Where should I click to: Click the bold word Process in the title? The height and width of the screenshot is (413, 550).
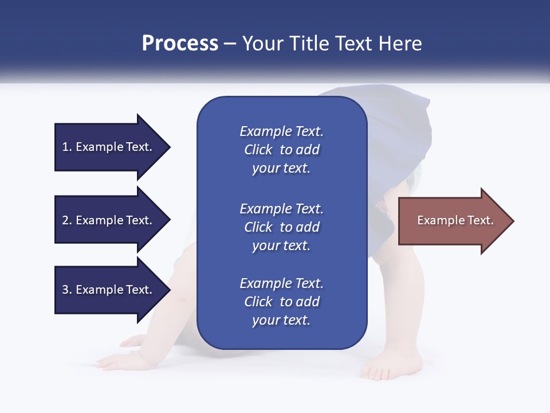tap(180, 44)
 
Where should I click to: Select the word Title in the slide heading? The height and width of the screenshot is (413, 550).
tap(310, 44)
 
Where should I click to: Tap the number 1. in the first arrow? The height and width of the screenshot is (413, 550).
tap(67, 147)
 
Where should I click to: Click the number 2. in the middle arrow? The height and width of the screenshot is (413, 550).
tap(67, 220)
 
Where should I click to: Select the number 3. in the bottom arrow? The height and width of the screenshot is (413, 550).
tap(67, 290)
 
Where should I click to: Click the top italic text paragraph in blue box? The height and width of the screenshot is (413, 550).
tap(281, 150)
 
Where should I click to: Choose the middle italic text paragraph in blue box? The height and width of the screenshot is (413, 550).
tap(281, 227)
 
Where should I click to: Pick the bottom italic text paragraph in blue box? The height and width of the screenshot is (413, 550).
tap(281, 302)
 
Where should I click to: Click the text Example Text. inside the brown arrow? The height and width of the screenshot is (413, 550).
tap(455, 220)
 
